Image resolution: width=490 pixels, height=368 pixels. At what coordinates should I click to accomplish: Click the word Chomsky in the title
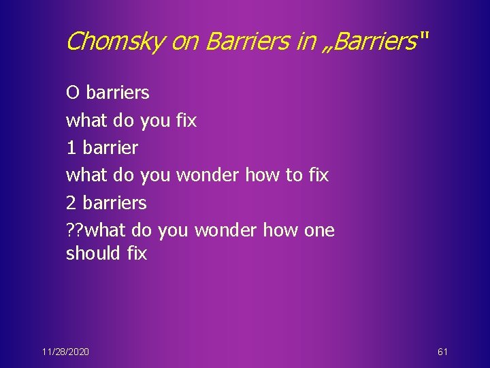pos(115,42)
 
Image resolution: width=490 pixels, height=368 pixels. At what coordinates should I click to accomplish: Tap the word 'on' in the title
pos(184,42)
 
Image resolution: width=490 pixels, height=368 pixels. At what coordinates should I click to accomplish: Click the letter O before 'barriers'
pos(73,92)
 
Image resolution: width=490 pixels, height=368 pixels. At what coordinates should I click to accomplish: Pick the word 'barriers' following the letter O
pos(117,92)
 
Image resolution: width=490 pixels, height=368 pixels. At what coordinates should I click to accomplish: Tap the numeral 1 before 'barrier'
pos(71,147)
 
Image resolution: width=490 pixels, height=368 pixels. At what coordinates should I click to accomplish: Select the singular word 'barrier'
pos(112,147)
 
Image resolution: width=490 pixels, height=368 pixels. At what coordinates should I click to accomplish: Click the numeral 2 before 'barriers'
pos(71,202)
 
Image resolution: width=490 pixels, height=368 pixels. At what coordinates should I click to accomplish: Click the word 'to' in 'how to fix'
pos(293,175)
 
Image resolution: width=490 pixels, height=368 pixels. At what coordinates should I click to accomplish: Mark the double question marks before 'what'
pos(76,230)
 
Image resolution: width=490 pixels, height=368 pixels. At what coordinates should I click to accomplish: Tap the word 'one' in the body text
pos(319,230)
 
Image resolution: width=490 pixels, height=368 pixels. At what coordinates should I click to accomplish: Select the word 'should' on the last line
pos(93,254)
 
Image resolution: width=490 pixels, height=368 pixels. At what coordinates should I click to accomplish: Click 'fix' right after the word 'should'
pos(137,254)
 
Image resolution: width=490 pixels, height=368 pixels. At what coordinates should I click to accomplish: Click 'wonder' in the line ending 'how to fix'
pos(208,175)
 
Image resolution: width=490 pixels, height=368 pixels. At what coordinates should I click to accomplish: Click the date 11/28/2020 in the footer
pos(65,352)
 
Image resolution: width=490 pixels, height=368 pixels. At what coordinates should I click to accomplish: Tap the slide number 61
pos(442,352)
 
